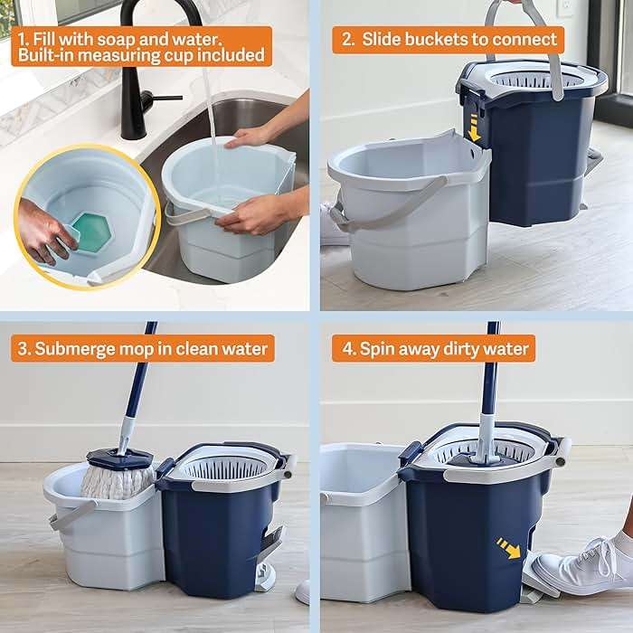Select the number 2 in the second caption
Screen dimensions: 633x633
coord(347,39)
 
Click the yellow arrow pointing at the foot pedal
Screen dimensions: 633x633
coord(508,547)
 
